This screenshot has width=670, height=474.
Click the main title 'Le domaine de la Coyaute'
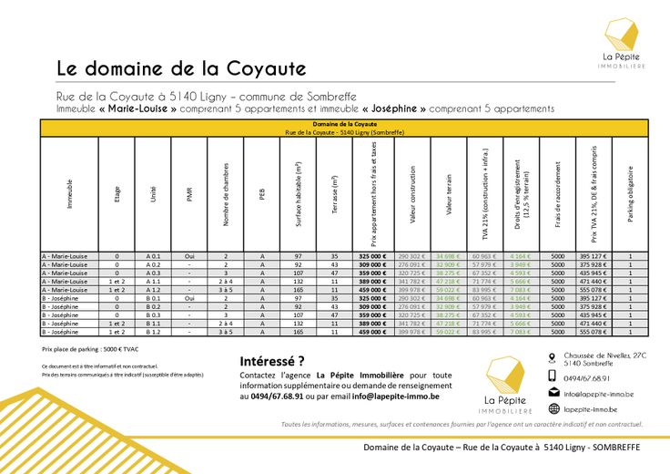tap(181, 68)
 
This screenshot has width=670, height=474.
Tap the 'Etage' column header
tap(117, 193)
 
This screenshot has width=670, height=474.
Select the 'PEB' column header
tap(262, 193)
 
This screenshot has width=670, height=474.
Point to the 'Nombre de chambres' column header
tap(226, 193)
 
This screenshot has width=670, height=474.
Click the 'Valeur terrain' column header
tap(449, 193)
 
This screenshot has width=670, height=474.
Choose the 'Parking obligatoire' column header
tap(630, 193)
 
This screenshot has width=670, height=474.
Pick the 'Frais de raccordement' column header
tap(557, 193)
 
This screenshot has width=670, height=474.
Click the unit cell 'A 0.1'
tap(153, 256)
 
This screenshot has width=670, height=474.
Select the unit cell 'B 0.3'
tap(153, 314)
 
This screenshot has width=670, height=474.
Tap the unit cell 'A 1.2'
tap(153, 290)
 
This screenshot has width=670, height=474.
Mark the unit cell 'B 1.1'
tap(153, 324)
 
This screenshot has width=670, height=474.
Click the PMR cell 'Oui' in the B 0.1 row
tap(189, 298)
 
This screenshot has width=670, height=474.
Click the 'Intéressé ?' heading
tap(272, 360)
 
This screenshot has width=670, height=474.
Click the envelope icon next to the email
tap(553, 393)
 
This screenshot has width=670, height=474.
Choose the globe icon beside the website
tap(553, 409)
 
